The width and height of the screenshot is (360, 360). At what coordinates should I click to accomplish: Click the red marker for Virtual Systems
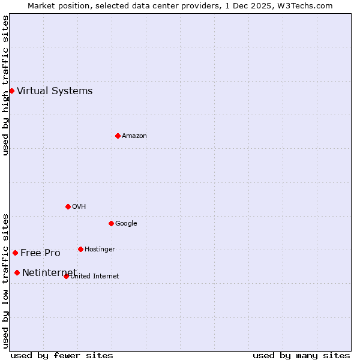tap(11, 91)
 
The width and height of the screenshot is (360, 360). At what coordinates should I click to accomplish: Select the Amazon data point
tap(118, 136)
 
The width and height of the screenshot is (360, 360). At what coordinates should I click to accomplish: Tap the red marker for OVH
tap(68, 206)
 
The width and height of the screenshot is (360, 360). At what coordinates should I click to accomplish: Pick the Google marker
tap(111, 223)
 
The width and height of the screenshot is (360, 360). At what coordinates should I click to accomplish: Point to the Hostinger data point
tap(80, 249)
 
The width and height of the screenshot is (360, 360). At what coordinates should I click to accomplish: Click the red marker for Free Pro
tap(15, 253)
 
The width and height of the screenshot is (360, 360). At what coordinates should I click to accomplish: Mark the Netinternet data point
tap(17, 272)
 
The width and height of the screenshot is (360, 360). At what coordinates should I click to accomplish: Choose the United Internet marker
tap(66, 276)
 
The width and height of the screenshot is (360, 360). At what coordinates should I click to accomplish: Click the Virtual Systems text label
tap(55, 91)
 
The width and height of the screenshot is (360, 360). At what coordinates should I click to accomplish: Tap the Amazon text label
tap(134, 136)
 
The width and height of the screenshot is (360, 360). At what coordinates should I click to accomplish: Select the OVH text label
tap(79, 207)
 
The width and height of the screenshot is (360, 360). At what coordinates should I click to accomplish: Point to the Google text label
tap(126, 224)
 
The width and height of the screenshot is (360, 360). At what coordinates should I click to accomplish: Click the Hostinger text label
tap(100, 250)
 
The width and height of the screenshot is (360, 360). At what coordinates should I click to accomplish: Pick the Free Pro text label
tap(40, 253)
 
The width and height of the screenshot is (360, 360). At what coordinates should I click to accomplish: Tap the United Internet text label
tap(95, 277)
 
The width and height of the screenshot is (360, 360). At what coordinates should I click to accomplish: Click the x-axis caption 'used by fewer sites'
tap(62, 355)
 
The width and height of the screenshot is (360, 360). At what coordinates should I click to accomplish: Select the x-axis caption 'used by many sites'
tap(301, 355)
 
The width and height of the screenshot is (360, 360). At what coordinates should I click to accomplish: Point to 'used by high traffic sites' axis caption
tap(5, 85)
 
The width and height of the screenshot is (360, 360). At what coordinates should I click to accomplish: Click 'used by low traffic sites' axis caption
tap(5, 280)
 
